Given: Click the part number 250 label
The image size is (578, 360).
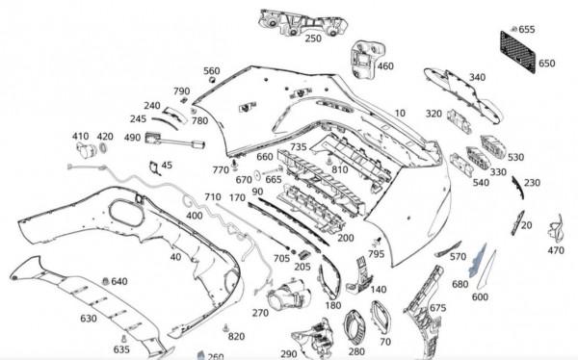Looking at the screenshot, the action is click(x=313, y=39).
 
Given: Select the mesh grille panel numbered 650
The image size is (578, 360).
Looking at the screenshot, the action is click(x=517, y=52).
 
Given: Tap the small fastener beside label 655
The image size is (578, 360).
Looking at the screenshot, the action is click(x=513, y=29).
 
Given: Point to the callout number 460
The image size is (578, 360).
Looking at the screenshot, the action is click(x=385, y=66).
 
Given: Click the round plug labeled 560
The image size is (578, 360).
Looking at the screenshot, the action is click(x=212, y=80).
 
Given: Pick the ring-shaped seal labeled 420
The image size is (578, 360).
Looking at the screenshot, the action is click(x=104, y=148).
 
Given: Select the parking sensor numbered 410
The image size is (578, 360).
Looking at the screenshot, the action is click(x=86, y=150).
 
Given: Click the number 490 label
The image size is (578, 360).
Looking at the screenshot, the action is click(x=132, y=138).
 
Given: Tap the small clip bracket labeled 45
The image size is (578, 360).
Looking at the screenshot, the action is click(x=154, y=167).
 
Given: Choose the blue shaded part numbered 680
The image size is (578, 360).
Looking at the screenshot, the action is click(x=477, y=261).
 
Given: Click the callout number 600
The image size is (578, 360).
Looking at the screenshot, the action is click(x=480, y=296).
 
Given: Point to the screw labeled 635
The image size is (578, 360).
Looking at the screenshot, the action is click(x=124, y=338).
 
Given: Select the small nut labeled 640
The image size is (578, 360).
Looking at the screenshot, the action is click(x=105, y=281).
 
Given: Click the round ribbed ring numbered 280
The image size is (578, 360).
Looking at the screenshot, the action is click(x=355, y=328).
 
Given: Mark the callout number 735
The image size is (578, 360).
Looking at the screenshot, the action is click(x=299, y=147).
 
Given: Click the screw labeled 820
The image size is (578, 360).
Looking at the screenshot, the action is click(x=224, y=328).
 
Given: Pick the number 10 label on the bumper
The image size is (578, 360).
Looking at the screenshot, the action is click(x=400, y=114).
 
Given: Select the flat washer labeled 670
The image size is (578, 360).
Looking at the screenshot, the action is click(x=258, y=174).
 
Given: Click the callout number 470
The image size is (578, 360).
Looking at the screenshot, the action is click(x=556, y=250).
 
